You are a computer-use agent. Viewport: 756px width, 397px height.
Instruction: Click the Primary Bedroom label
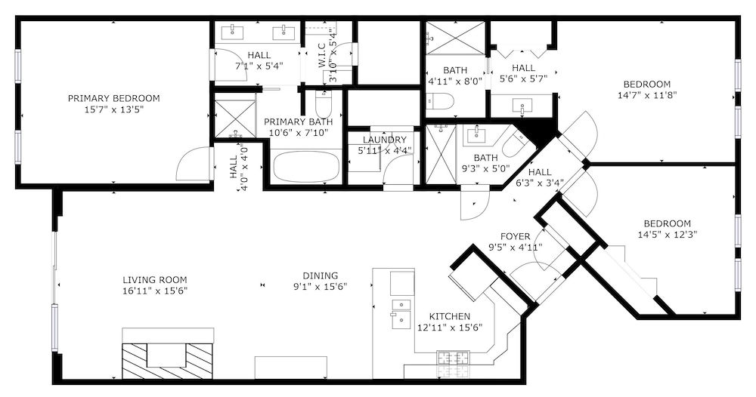pyautogui.click(x=113, y=99)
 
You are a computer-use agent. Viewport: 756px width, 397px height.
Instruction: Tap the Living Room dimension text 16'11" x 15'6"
pyautogui.click(x=155, y=291)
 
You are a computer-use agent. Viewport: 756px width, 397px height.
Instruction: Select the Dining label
pyautogui.click(x=320, y=275)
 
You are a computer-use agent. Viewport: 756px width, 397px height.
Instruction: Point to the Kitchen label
pyautogui.click(x=449, y=317)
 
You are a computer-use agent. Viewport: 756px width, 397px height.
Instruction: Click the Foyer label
pyautogui.click(x=515, y=237)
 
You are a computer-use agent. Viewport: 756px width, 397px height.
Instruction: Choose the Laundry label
pyautogui.click(x=385, y=140)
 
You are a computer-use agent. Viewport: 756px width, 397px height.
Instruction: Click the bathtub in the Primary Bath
pyautogui.click(x=305, y=166)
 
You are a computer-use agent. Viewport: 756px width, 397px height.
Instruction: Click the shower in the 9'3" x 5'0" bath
pyautogui.click(x=441, y=154)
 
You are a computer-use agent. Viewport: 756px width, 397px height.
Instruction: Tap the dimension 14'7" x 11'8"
pyautogui.click(x=647, y=95)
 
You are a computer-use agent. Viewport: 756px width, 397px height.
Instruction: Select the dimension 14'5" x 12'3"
pyautogui.click(x=668, y=235)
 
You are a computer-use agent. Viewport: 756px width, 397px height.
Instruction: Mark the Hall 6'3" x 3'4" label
pyautogui.click(x=539, y=177)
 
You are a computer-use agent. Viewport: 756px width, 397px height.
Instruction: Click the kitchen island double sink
pyautogui.click(x=401, y=313)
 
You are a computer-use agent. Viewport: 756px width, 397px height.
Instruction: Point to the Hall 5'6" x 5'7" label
pyautogui.click(x=523, y=74)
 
